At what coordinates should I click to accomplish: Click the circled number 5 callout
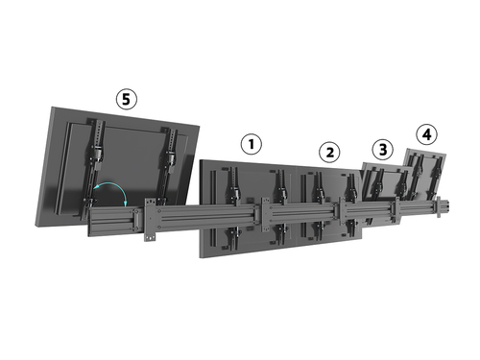[127, 99]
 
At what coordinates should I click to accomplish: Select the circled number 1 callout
[252, 144]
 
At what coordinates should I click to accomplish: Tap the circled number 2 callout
[330, 153]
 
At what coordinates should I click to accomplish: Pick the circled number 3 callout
[383, 150]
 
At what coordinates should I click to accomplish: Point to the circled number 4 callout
[427, 134]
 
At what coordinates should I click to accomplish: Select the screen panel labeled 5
[117, 167]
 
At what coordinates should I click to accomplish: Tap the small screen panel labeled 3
[386, 189]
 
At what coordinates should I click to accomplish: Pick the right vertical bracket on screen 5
[170, 160]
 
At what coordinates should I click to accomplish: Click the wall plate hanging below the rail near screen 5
[150, 220]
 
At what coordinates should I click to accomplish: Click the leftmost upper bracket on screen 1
[233, 186]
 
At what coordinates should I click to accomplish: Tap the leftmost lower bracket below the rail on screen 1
[233, 237]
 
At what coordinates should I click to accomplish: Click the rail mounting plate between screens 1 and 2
[266, 215]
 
